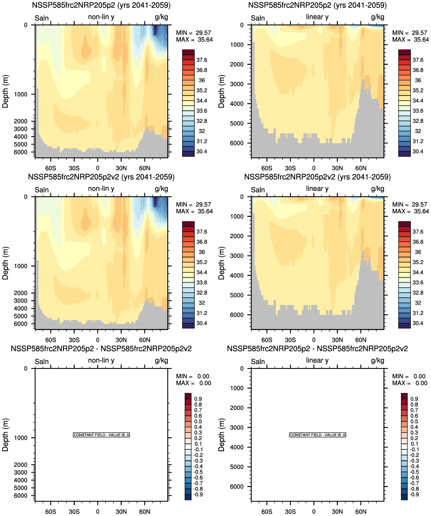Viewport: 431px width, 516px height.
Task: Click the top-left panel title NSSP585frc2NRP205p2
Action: (x=101, y=5)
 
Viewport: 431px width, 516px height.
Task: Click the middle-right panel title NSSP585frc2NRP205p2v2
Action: (x=317, y=177)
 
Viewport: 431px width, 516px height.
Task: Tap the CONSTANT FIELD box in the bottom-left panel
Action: (x=101, y=435)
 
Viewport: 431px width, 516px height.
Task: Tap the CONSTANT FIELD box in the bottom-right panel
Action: (x=317, y=435)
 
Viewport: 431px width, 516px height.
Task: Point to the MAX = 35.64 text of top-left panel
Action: (x=194, y=40)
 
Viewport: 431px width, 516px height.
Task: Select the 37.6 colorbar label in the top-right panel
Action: (x=418, y=60)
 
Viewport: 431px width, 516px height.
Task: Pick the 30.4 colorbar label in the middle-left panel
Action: (x=202, y=323)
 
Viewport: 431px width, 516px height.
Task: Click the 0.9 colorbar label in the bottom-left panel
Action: (x=198, y=399)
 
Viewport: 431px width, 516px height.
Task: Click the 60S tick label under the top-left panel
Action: (x=51, y=168)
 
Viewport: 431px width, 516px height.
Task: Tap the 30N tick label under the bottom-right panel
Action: (x=337, y=511)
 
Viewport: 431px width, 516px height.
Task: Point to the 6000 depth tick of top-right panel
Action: (x=237, y=143)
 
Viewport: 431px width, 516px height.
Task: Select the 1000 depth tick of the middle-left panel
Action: (x=21, y=266)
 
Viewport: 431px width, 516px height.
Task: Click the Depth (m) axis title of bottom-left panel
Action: (x=5, y=435)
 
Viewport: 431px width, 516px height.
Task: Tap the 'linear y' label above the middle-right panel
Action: (x=317, y=189)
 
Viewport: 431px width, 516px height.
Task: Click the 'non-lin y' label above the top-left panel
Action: (x=101, y=17)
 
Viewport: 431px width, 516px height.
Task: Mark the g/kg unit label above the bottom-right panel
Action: (x=377, y=360)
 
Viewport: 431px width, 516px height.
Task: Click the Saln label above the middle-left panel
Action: (x=42, y=190)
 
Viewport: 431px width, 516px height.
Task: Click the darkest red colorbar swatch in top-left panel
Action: (x=188, y=52)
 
